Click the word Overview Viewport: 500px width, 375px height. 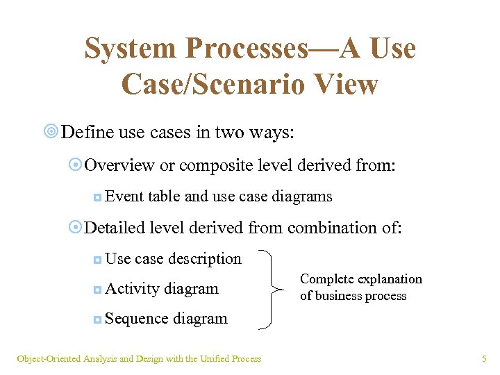pyautogui.click(x=119, y=165)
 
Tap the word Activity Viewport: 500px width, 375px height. pyautogui.click(x=133, y=289)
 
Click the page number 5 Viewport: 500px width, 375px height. pyautogui.click(x=484, y=359)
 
